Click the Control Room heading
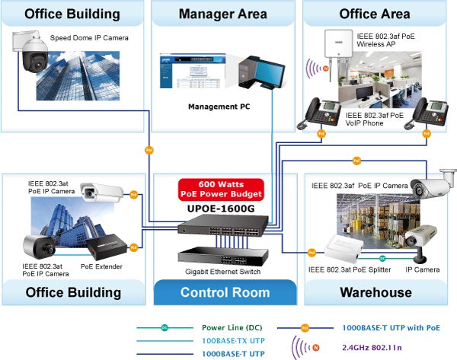[224, 292]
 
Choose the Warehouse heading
[376, 292]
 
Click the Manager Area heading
[222, 14]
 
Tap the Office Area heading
[375, 14]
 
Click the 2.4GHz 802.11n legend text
[392, 347]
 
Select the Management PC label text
[219, 107]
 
